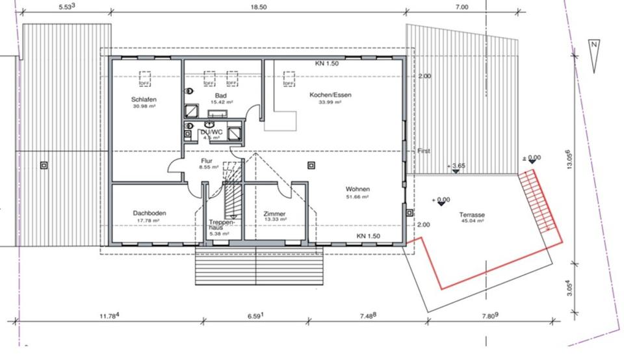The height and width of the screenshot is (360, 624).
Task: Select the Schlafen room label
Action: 144,99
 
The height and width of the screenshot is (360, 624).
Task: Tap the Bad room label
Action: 220,95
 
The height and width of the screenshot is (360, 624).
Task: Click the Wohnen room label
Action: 357,189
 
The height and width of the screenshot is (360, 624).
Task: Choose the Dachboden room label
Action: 146,213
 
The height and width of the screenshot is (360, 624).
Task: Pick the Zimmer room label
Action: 274,213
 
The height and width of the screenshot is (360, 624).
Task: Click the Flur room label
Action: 207,160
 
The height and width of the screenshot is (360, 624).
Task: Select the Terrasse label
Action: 473,214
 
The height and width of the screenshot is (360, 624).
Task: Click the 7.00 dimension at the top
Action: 461,7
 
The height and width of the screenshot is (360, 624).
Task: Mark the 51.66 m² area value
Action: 357,196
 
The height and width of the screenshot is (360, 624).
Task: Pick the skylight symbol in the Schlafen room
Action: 146,79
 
